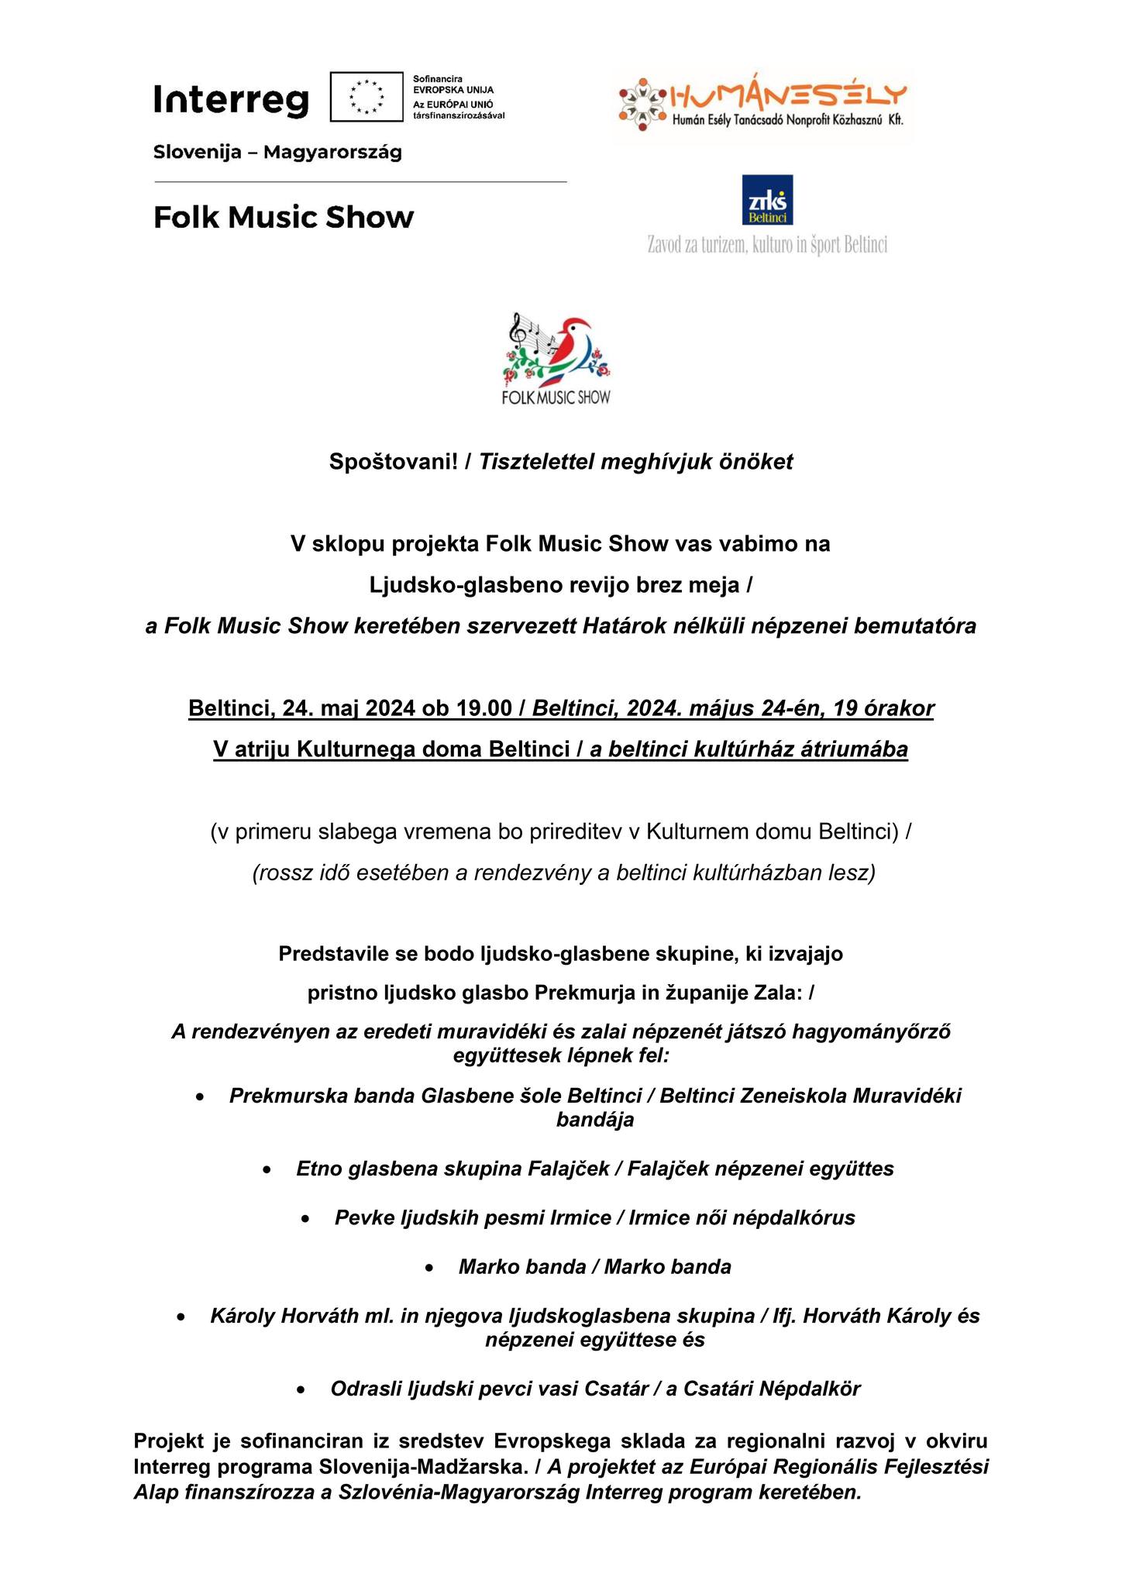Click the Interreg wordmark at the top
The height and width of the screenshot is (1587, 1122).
tap(231, 101)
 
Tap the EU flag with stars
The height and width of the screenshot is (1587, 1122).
tap(367, 97)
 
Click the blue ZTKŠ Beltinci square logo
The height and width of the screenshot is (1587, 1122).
tap(767, 200)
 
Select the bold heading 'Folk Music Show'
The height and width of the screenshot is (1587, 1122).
tap(284, 218)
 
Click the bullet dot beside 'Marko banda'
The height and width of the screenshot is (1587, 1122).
tap(430, 1268)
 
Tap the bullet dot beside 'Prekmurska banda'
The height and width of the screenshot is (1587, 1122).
tap(201, 1097)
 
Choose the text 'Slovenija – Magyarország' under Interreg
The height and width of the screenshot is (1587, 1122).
tap(277, 153)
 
